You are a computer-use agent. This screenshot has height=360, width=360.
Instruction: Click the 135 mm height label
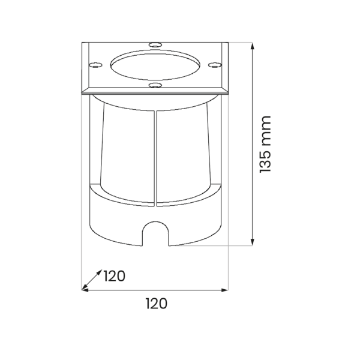[265, 144]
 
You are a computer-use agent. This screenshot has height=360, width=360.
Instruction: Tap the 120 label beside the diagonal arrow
[114, 276]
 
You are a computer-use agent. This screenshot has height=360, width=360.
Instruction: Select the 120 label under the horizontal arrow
[157, 304]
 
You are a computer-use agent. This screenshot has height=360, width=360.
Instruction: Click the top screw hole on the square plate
[155, 45]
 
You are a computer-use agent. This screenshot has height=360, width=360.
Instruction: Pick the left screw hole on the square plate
[95, 65]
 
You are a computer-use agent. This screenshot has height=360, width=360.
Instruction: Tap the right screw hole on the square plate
[215, 65]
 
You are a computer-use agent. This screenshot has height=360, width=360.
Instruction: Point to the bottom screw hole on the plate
[155, 85]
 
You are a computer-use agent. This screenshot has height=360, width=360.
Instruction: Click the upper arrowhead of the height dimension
[253, 46]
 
